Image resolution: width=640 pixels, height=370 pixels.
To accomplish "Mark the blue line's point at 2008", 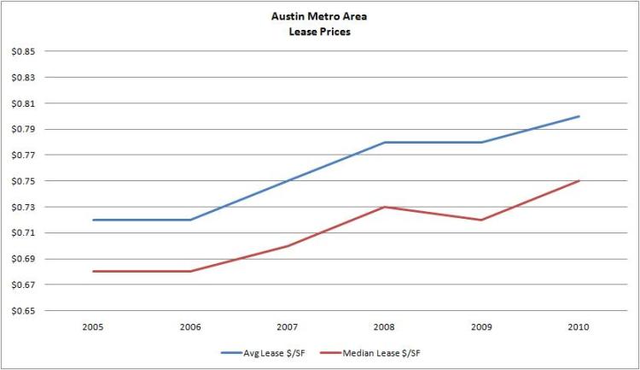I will [x=385, y=142].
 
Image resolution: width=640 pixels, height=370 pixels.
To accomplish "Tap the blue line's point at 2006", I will [x=190, y=220].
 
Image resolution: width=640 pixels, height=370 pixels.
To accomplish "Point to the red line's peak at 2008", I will [x=385, y=207].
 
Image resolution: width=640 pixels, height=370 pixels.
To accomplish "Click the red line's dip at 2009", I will [x=482, y=220].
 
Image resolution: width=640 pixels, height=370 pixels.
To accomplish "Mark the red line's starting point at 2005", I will [x=93, y=271].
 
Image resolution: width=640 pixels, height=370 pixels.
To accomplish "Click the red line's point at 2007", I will [x=288, y=246].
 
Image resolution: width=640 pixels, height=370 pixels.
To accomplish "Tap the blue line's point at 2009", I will [x=482, y=142].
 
